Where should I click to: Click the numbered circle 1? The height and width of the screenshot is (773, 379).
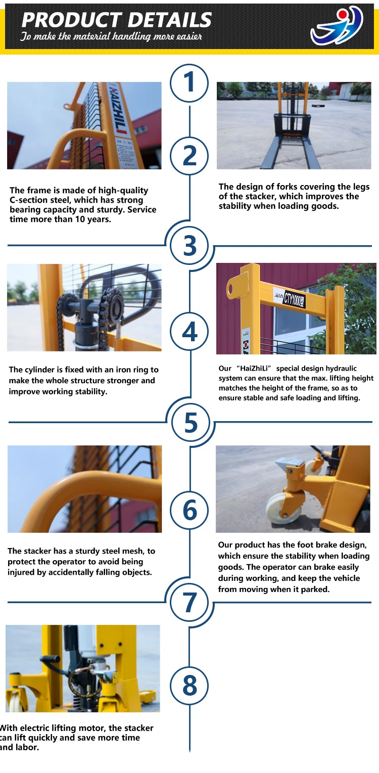[x=189, y=83]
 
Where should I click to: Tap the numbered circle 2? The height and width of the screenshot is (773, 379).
[x=189, y=156]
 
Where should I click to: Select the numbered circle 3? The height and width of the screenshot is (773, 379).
[x=189, y=246]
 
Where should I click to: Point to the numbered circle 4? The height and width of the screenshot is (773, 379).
[x=189, y=331]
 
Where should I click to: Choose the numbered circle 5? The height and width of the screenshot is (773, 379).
[x=191, y=422]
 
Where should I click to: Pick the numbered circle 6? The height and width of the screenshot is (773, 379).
[x=189, y=510]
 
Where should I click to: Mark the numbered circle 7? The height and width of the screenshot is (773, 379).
[x=189, y=603]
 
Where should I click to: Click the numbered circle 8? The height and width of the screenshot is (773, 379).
[x=189, y=686]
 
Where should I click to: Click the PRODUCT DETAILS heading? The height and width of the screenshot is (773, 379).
[x=117, y=20]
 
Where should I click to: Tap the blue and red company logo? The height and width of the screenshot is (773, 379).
[x=337, y=26]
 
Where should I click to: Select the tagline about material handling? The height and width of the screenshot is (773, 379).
[x=111, y=36]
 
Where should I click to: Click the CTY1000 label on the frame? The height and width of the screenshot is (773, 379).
[x=294, y=298]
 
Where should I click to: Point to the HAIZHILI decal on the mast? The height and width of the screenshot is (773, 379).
[x=117, y=108]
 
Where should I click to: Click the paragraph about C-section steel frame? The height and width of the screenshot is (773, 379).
[x=83, y=205]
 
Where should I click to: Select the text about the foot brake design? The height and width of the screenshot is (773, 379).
[x=294, y=567]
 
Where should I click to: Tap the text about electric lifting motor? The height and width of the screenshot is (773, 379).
[x=77, y=738]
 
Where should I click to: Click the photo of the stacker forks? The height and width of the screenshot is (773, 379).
[x=294, y=125]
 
